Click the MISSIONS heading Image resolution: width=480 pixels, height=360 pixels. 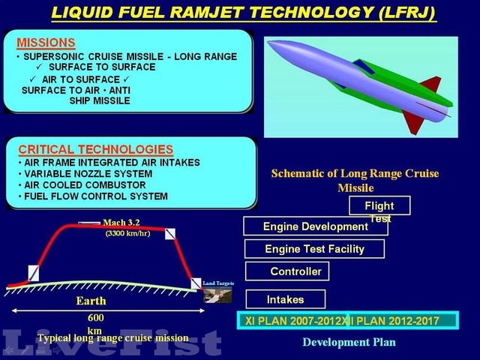[46, 43]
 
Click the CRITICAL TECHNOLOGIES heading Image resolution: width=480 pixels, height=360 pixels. [95, 149]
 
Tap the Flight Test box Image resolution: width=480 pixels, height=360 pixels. [379, 205]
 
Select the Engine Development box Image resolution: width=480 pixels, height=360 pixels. [316, 226]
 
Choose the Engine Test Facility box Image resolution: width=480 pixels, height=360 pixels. [314, 249]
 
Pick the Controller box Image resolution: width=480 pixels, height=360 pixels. [295, 271]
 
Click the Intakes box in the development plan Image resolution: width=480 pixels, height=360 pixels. [286, 299]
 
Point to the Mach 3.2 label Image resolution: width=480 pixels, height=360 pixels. [121, 222]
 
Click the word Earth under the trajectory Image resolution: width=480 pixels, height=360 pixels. [91, 301]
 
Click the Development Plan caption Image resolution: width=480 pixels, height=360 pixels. [349, 342]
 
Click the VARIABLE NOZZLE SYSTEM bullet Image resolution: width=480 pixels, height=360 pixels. [85, 174]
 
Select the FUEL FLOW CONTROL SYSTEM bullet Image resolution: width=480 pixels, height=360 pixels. [91, 196]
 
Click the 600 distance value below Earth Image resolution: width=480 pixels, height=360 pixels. [95, 317]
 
